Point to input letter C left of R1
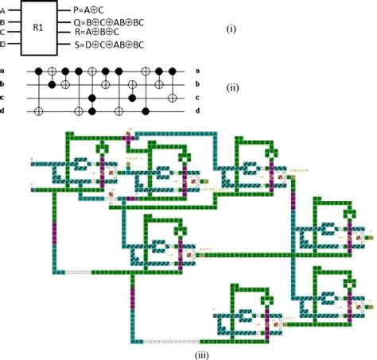(x=2, y=33)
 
